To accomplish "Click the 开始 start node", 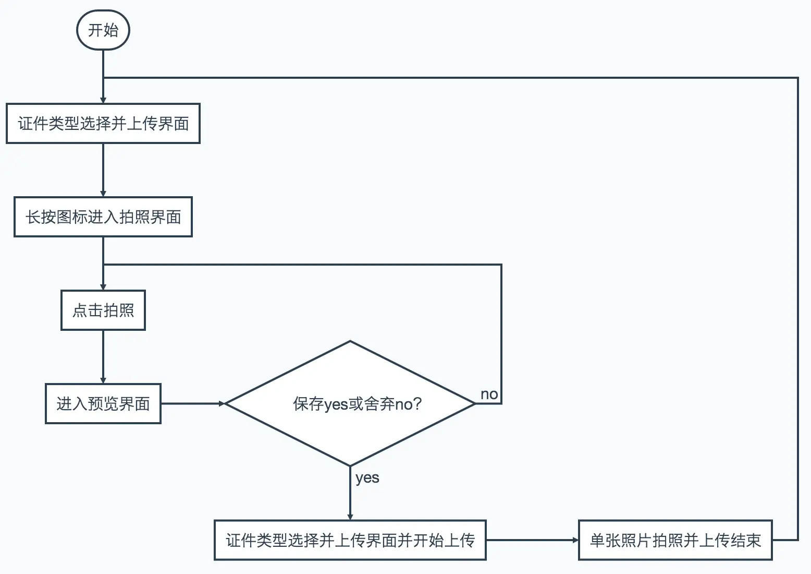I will click(103, 30).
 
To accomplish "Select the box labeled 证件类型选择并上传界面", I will click(103, 124).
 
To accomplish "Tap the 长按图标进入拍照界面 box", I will click(103, 217).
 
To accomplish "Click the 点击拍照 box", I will click(103, 310).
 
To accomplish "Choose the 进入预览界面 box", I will click(103, 404).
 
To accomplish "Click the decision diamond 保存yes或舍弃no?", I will click(350, 404).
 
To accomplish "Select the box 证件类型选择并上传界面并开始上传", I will click(350, 540).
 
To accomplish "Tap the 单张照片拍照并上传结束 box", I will click(675, 540).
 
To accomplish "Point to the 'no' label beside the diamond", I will click(489, 394).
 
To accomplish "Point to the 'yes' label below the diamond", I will click(367, 478).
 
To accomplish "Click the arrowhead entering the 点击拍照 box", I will click(103, 287).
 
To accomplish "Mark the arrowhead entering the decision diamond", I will click(222, 404).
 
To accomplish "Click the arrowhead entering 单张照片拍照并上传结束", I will click(575, 540).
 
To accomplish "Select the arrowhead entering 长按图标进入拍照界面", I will click(103, 194).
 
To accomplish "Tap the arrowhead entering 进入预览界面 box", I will click(103, 380).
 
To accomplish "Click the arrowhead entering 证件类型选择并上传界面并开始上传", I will click(350, 517).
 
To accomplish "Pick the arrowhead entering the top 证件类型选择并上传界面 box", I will click(103, 100).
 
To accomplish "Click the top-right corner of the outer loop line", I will click(798, 78).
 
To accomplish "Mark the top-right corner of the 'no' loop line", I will click(501, 265).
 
